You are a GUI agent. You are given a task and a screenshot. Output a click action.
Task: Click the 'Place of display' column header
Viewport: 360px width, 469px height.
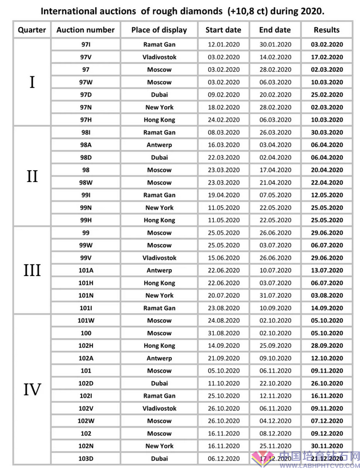click(x=159, y=30)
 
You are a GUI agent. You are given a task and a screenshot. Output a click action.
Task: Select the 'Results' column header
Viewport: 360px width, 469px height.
click(x=326, y=30)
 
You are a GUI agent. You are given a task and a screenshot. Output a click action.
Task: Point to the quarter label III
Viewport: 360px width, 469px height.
click(x=32, y=270)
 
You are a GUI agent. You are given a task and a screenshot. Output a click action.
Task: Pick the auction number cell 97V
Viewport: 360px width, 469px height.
click(x=85, y=57)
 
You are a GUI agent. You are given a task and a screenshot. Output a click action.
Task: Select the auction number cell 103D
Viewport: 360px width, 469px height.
click(x=85, y=459)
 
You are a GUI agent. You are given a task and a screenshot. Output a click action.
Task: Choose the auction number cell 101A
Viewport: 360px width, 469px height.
click(x=85, y=270)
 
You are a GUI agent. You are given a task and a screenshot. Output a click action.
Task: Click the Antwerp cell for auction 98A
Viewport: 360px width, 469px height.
click(x=159, y=145)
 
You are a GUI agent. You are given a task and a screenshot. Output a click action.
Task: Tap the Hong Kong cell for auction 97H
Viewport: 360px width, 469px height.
click(x=159, y=120)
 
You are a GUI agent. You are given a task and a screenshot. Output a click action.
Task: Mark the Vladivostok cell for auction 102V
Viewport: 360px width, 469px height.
click(x=159, y=408)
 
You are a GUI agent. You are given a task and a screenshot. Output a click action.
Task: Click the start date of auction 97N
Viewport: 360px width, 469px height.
click(x=223, y=107)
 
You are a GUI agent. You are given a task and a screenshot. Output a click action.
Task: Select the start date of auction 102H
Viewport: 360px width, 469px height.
click(x=223, y=346)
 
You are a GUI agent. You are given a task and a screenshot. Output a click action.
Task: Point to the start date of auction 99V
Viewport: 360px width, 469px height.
click(x=223, y=258)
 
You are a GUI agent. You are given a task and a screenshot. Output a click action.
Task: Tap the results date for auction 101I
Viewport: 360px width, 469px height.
click(x=326, y=308)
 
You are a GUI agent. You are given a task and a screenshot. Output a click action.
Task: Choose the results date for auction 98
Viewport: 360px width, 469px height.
click(x=326, y=170)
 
